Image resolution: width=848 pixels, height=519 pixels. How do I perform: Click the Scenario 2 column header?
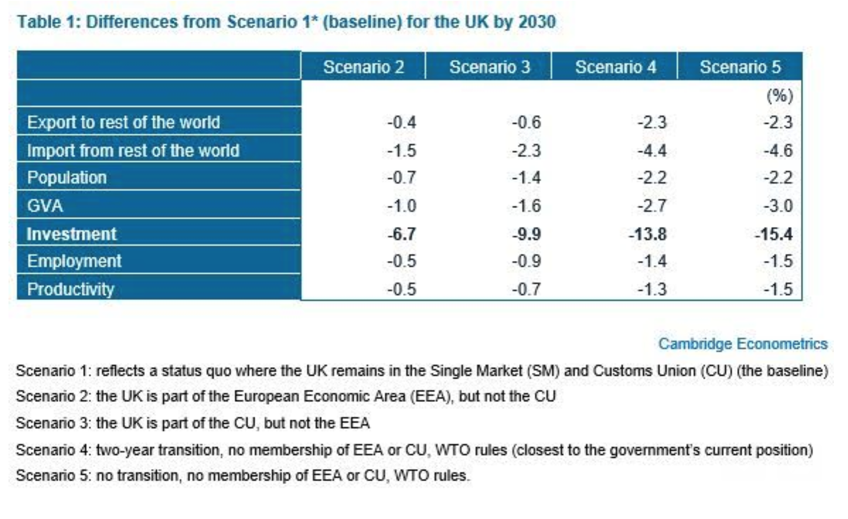[363, 67]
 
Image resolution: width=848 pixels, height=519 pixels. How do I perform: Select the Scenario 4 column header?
[615, 67]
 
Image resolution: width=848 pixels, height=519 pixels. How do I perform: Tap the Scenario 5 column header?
[740, 67]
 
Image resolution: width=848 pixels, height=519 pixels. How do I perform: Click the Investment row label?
[71, 234]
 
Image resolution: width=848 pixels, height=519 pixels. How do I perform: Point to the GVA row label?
[45, 206]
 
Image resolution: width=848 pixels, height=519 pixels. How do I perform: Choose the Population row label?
[67, 178]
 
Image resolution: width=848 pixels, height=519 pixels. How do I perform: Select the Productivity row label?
[70, 289]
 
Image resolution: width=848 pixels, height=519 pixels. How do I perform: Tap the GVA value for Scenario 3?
[526, 206]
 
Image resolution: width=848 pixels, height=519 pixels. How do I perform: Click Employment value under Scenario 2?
[401, 261]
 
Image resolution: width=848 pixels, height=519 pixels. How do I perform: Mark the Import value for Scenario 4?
[652, 151]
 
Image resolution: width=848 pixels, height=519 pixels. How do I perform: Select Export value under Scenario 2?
[401, 123]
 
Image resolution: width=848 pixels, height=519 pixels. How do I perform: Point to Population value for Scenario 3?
[526, 178]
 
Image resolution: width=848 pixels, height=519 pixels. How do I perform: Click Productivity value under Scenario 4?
[652, 289]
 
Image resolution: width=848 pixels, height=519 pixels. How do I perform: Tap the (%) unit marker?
[780, 96]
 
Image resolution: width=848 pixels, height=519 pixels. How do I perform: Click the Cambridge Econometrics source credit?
[743, 344]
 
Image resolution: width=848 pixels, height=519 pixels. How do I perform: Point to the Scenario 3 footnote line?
[193, 423]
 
